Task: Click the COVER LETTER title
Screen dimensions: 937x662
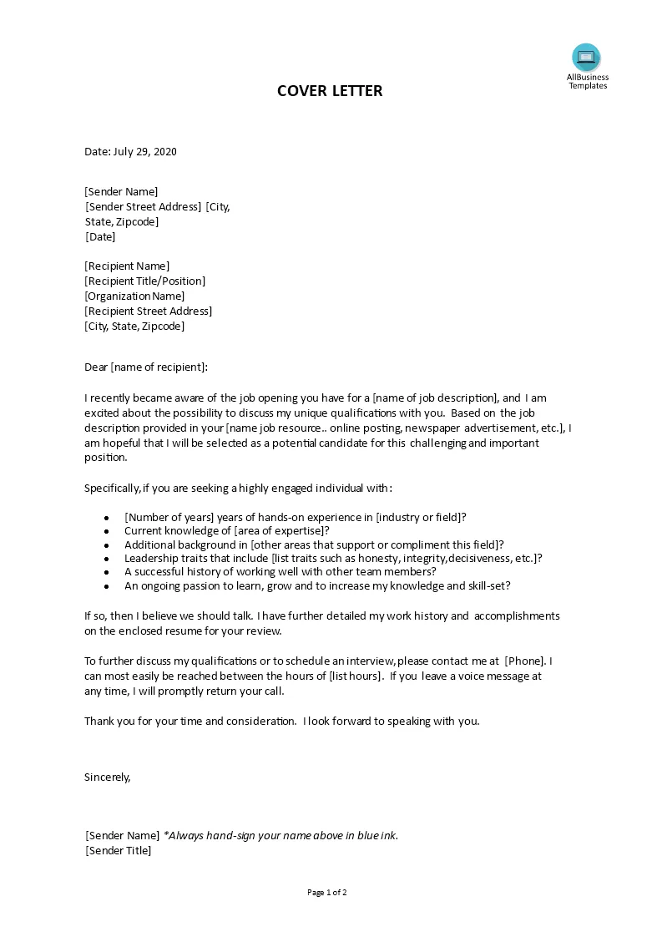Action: click(x=330, y=91)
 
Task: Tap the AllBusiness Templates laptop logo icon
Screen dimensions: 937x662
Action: click(x=586, y=57)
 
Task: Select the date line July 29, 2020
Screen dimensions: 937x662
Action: click(x=130, y=152)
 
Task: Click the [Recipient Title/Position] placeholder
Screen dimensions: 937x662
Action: click(x=144, y=281)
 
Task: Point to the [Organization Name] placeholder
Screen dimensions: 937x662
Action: click(x=134, y=296)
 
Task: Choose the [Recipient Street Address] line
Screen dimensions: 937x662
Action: click(x=149, y=311)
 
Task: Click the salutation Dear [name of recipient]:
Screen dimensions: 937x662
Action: click(x=146, y=367)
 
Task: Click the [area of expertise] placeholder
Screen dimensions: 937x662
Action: click(x=281, y=530)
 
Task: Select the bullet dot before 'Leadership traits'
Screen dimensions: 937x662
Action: click(x=107, y=559)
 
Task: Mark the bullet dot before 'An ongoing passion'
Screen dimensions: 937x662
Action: click(x=107, y=587)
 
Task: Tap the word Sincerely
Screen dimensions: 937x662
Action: click(x=108, y=777)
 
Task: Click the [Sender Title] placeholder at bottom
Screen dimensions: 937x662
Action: click(x=119, y=851)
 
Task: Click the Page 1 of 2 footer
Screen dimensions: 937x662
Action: click(x=327, y=893)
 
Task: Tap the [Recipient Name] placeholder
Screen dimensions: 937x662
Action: click(x=127, y=266)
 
